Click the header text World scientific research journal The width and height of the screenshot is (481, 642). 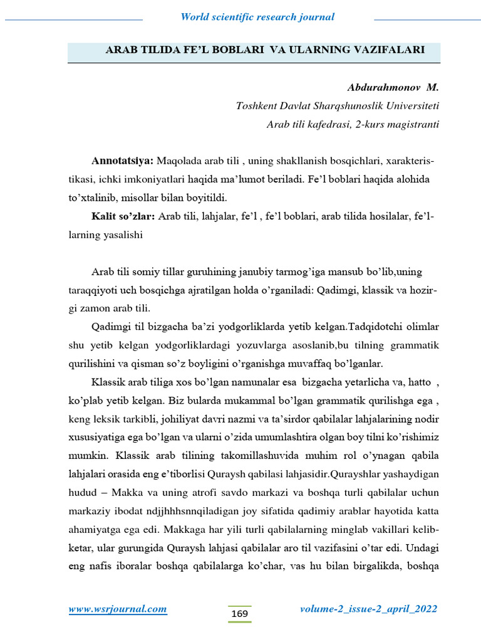(257, 17)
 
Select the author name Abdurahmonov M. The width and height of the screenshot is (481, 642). (393, 87)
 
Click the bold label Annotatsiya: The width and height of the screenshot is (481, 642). (122, 161)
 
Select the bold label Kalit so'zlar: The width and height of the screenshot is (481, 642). (123, 216)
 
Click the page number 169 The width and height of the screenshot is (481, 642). (239, 613)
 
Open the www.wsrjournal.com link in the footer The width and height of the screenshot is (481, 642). (117, 609)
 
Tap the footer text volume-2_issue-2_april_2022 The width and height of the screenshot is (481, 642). (368, 609)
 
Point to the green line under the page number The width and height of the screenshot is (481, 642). (239, 623)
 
